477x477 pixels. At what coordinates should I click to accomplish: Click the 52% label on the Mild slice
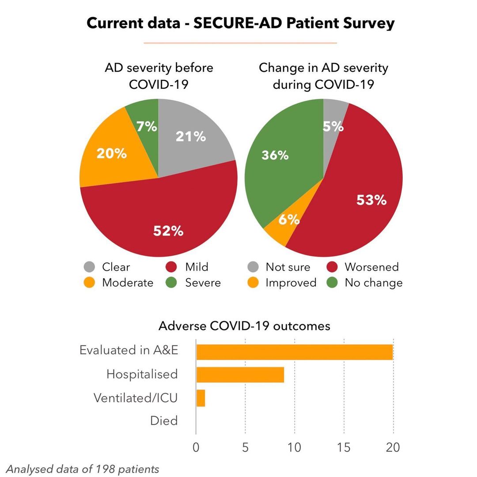coord(168,231)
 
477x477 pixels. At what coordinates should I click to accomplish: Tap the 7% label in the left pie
coord(147,126)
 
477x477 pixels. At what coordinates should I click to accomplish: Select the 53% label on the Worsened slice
coord(371,200)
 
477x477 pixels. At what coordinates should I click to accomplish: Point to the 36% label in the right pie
coord(275,155)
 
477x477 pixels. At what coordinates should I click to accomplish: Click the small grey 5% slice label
coord(333,126)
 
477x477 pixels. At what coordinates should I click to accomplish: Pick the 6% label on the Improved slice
coord(289,219)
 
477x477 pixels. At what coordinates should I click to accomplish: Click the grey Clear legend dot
coord(89,267)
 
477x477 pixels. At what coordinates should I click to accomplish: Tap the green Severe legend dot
coord(171,282)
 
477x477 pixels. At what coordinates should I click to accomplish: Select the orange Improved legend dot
coord(253,282)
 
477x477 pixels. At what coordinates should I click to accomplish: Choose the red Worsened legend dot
coord(332,267)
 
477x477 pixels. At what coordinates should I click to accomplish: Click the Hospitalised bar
coord(240,375)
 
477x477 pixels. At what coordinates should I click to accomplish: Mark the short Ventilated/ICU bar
coord(201,398)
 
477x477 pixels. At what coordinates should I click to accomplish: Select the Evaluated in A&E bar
coord(295,352)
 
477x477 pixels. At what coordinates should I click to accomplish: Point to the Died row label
coord(164,420)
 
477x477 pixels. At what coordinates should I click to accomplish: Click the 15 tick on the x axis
coord(344,447)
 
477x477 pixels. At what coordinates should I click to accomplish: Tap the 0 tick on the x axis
coord(196,447)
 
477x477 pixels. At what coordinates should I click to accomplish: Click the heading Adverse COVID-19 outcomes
coord(244,326)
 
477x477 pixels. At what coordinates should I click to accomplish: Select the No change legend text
coord(374,283)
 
